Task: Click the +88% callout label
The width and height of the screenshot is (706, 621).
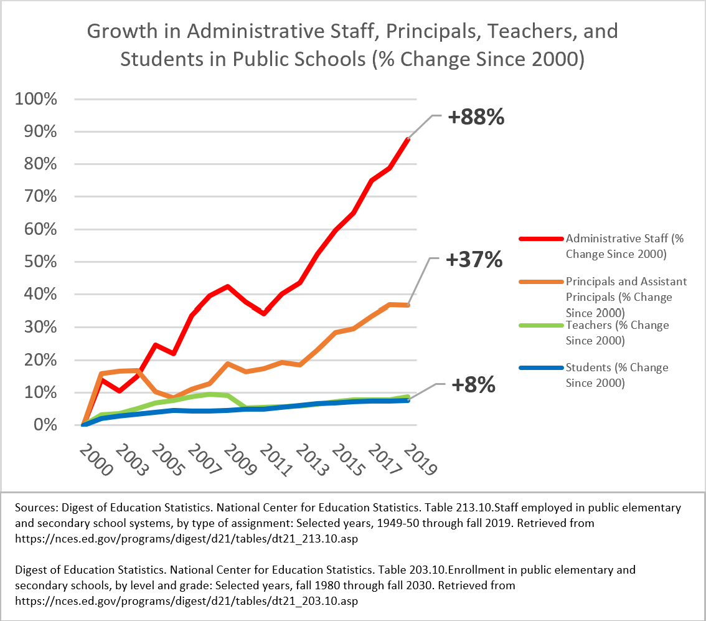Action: click(477, 117)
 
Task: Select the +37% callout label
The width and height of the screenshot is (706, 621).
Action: click(474, 260)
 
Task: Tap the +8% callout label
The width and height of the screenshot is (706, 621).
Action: click(473, 386)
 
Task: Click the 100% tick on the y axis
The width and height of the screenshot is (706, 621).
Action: click(36, 99)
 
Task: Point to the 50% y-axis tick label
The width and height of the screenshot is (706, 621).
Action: click(40, 262)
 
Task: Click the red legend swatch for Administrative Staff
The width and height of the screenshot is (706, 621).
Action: click(541, 239)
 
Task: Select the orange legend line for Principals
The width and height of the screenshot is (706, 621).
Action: click(541, 282)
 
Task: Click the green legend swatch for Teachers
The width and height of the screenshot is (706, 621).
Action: click(541, 325)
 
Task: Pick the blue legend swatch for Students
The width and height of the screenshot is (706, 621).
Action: click(541, 367)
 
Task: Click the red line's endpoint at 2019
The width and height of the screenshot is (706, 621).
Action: click(408, 140)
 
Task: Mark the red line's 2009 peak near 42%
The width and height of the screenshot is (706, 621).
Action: click(228, 287)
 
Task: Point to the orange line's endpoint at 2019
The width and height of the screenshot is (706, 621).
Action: click(408, 305)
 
